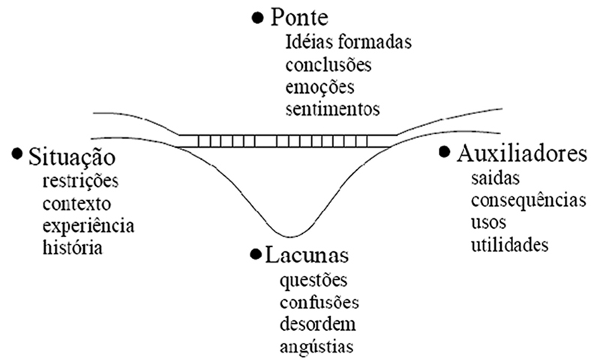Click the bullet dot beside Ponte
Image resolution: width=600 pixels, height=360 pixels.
(x=259, y=16)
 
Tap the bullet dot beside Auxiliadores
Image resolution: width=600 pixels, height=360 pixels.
(x=445, y=152)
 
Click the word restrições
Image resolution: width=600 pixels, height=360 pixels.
(x=81, y=181)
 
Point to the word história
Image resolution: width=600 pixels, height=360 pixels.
(x=72, y=246)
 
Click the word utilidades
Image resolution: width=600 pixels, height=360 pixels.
(x=510, y=244)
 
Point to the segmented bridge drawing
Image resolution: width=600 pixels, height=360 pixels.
(x=287, y=140)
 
